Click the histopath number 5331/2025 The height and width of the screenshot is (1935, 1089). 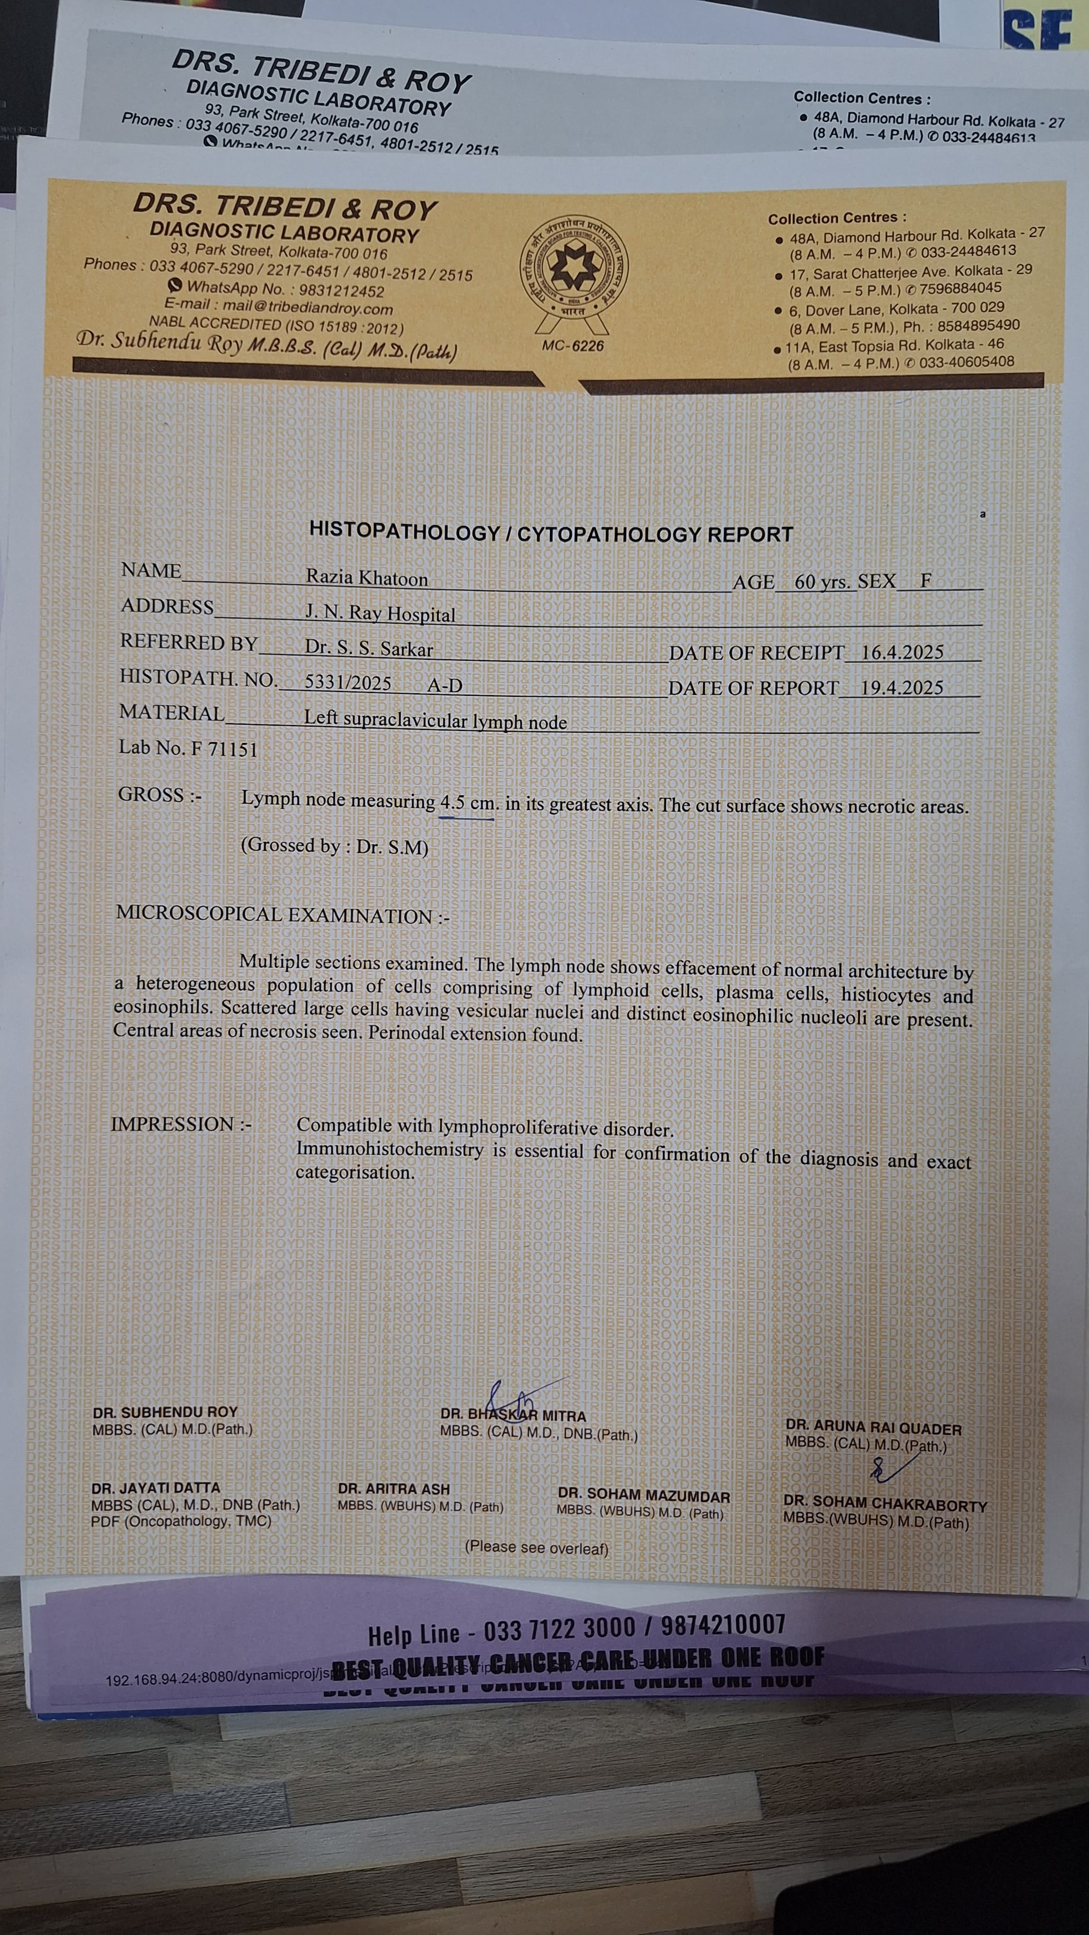pos(348,682)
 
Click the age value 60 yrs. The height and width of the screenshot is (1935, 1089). pos(823,581)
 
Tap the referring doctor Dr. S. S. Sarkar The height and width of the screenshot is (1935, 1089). pos(369,648)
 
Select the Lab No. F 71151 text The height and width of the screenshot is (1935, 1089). pos(188,749)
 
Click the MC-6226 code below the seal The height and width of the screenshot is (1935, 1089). pos(572,346)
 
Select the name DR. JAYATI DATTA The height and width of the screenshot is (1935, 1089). pos(156,1487)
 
